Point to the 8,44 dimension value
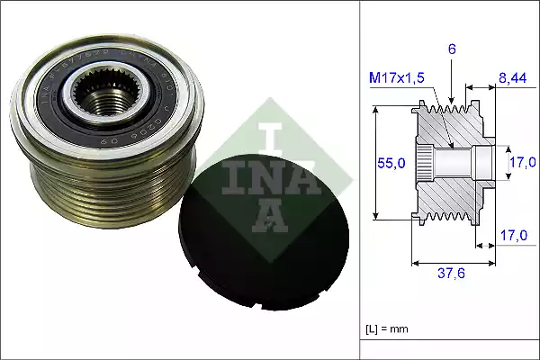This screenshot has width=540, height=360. coord(514,79)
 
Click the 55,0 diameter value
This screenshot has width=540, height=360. coord(391,163)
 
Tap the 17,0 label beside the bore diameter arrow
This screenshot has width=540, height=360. coord(521,163)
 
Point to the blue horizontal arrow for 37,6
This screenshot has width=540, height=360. coord(453,264)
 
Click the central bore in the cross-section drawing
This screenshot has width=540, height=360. coord(454,163)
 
